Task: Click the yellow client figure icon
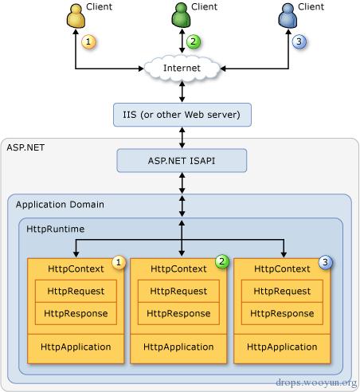pos(76,16)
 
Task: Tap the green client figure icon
pos(181,15)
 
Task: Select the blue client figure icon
pos(288,16)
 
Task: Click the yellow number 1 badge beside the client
pos(88,41)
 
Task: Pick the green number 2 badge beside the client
pos(194,41)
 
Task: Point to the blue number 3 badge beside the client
pos(299,41)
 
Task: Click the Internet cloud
pos(182,68)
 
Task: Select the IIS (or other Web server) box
pos(182,115)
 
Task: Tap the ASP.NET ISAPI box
pos(182,161)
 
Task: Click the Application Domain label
pos(60,205)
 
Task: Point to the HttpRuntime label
pos(56,229)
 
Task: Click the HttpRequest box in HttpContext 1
pos(76,291)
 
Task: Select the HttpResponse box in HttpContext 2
pos(178,314)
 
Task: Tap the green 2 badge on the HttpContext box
pos(221,261)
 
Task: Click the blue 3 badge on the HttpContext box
pos(325,262)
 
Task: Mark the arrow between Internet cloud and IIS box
pos(182,92)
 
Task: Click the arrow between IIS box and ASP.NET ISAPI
pos(182,138)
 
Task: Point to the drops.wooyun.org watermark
pos(316,382)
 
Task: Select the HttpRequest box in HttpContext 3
pos(282,291)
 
